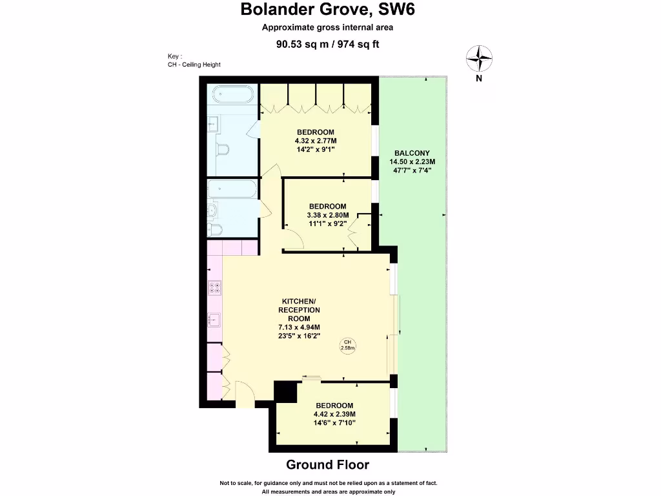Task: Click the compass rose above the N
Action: pos(478,58)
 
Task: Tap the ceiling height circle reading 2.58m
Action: pos(348,345)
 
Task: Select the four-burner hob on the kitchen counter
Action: pos(214,288)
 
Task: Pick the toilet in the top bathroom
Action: pos(223,150)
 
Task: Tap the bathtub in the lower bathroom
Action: pos(233,189)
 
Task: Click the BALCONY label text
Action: pos(412,153)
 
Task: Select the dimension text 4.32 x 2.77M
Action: pos(316,141)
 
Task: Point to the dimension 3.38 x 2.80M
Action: pos(327,215)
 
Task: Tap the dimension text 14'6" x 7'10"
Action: pos(334,423)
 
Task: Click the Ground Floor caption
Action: pos(327,464)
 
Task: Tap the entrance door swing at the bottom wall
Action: pos(245,394)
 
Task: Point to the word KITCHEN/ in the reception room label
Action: pos(299,302)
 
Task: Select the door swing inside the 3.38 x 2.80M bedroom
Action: pos(294,239)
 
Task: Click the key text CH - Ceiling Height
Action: pos(194,65)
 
